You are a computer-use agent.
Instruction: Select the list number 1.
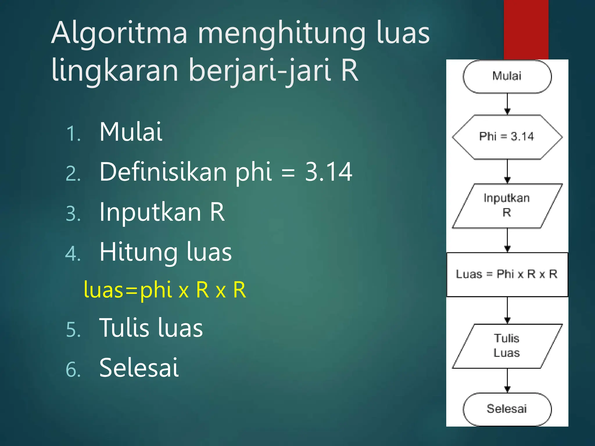(73, 134)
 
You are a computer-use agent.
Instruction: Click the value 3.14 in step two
(328, 172)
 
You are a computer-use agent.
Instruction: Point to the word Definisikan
(163, 172)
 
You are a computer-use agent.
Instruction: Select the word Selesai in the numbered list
(139, 368)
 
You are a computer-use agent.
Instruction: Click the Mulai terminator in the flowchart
(507, 76)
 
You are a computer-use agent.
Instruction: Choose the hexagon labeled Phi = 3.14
(507, 137)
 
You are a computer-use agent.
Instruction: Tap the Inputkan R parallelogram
(507, 206)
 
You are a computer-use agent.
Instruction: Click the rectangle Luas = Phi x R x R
(507, 274)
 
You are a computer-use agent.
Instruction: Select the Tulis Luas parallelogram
(507, 346)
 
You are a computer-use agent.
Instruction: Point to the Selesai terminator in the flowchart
(507, 409)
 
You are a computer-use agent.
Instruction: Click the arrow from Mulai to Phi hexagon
(507, 104)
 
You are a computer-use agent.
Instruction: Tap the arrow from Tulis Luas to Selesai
(507, 380)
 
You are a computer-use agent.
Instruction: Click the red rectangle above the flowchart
(526, 29)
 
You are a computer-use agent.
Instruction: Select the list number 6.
(73, 370)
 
